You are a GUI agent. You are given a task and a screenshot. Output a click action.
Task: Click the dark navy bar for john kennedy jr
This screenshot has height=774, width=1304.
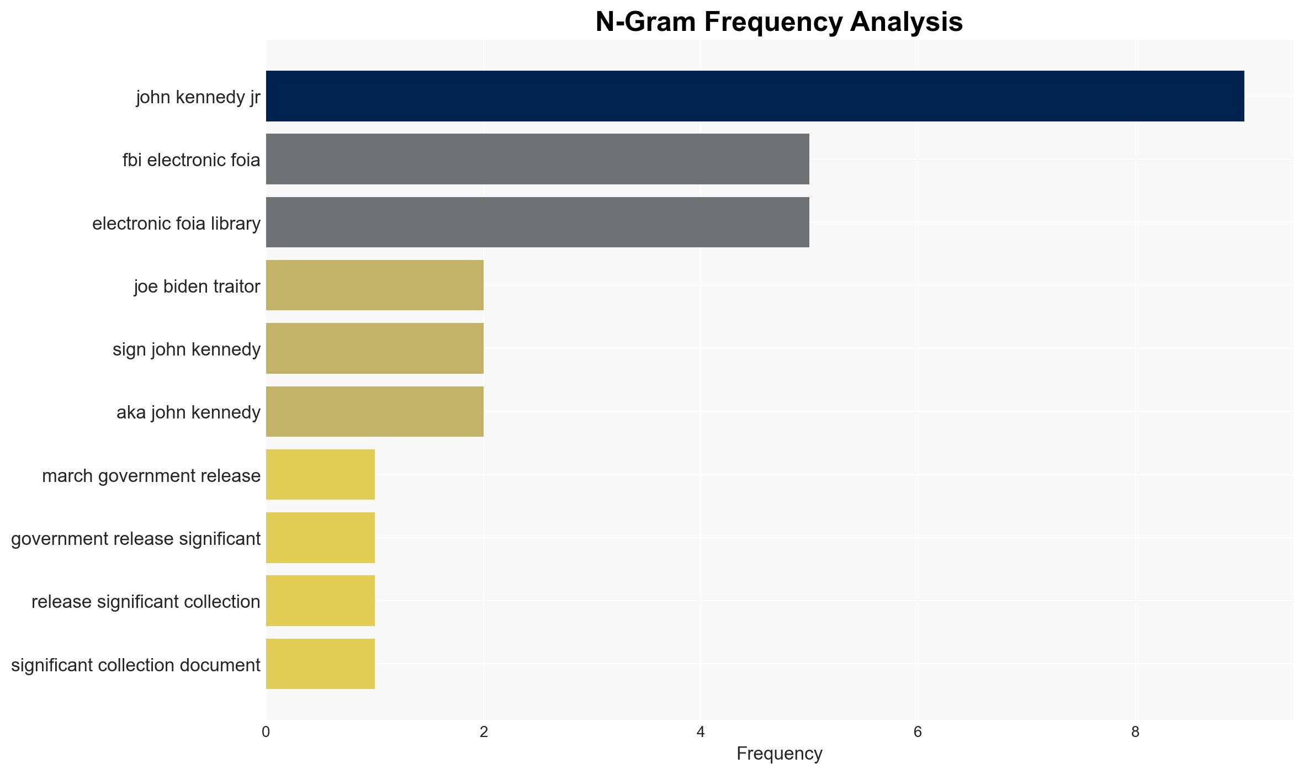(755, 96)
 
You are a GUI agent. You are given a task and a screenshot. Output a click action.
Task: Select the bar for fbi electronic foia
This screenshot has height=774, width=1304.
(538, 159)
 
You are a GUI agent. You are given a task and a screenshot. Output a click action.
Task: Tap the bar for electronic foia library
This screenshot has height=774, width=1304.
(538, 222)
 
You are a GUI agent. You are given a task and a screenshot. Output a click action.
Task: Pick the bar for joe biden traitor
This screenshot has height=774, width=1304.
(375, 285)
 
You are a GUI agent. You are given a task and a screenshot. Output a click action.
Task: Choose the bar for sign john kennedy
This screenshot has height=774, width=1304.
(375, 348)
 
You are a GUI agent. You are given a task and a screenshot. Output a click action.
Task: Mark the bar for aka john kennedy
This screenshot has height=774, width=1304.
(375, 412)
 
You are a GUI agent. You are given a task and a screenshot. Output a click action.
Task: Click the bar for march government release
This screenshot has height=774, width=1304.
(320, 475)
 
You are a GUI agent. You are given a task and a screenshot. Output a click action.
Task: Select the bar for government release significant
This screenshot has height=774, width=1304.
(320, 538)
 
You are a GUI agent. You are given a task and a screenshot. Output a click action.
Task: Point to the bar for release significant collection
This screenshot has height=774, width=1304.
(320, 601)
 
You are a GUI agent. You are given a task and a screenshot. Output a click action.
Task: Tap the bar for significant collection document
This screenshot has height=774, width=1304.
(320, 664)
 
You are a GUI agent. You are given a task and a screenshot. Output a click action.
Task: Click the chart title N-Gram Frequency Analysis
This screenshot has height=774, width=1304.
(779, 22)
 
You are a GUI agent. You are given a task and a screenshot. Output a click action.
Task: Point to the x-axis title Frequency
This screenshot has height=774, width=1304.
(779, 754)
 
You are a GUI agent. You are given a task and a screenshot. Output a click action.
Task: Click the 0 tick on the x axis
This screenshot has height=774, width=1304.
(266, 732)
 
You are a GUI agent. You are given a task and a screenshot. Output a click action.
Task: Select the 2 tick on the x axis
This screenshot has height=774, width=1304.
(484, 732)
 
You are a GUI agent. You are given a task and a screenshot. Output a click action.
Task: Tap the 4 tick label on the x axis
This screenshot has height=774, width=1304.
(701, 732)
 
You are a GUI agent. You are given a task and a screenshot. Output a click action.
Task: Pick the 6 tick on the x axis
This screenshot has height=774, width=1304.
(918, 732)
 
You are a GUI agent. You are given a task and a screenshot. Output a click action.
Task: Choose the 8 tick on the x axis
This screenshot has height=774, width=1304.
(1135, 732)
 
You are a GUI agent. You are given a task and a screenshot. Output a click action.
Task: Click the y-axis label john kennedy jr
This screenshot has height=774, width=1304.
(198, 97)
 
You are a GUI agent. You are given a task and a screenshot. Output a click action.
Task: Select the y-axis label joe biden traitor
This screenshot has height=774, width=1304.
(197, 287)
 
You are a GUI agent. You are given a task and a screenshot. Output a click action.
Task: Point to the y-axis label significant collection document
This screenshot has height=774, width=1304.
(136, 665)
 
